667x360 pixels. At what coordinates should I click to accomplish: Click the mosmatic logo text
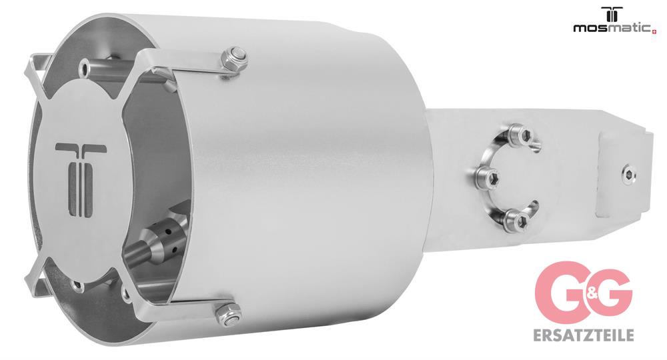point(612,29)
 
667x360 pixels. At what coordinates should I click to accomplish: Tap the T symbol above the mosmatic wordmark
point(612,13)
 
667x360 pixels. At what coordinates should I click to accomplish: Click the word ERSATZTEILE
point(583,335)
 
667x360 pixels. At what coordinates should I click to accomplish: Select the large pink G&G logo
point(584,292)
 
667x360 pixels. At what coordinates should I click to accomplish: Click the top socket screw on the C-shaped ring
point(521,135)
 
